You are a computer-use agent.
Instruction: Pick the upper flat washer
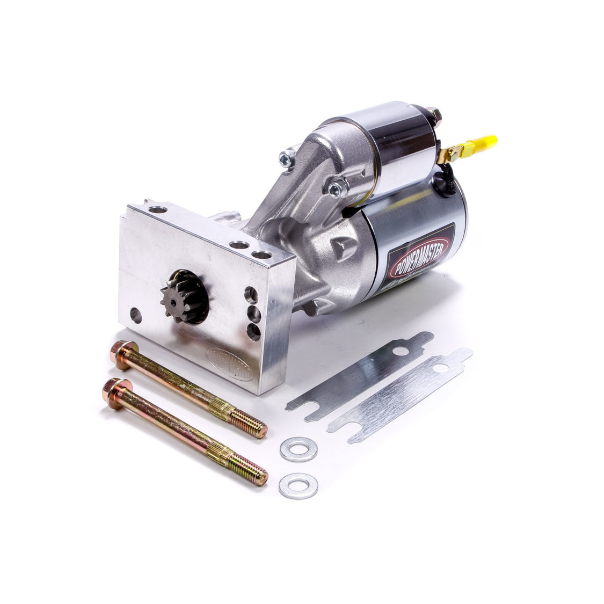298,449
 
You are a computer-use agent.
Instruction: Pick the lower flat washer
298,485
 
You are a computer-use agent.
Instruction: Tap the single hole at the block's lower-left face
136,315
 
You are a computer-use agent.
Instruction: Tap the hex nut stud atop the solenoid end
436,114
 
